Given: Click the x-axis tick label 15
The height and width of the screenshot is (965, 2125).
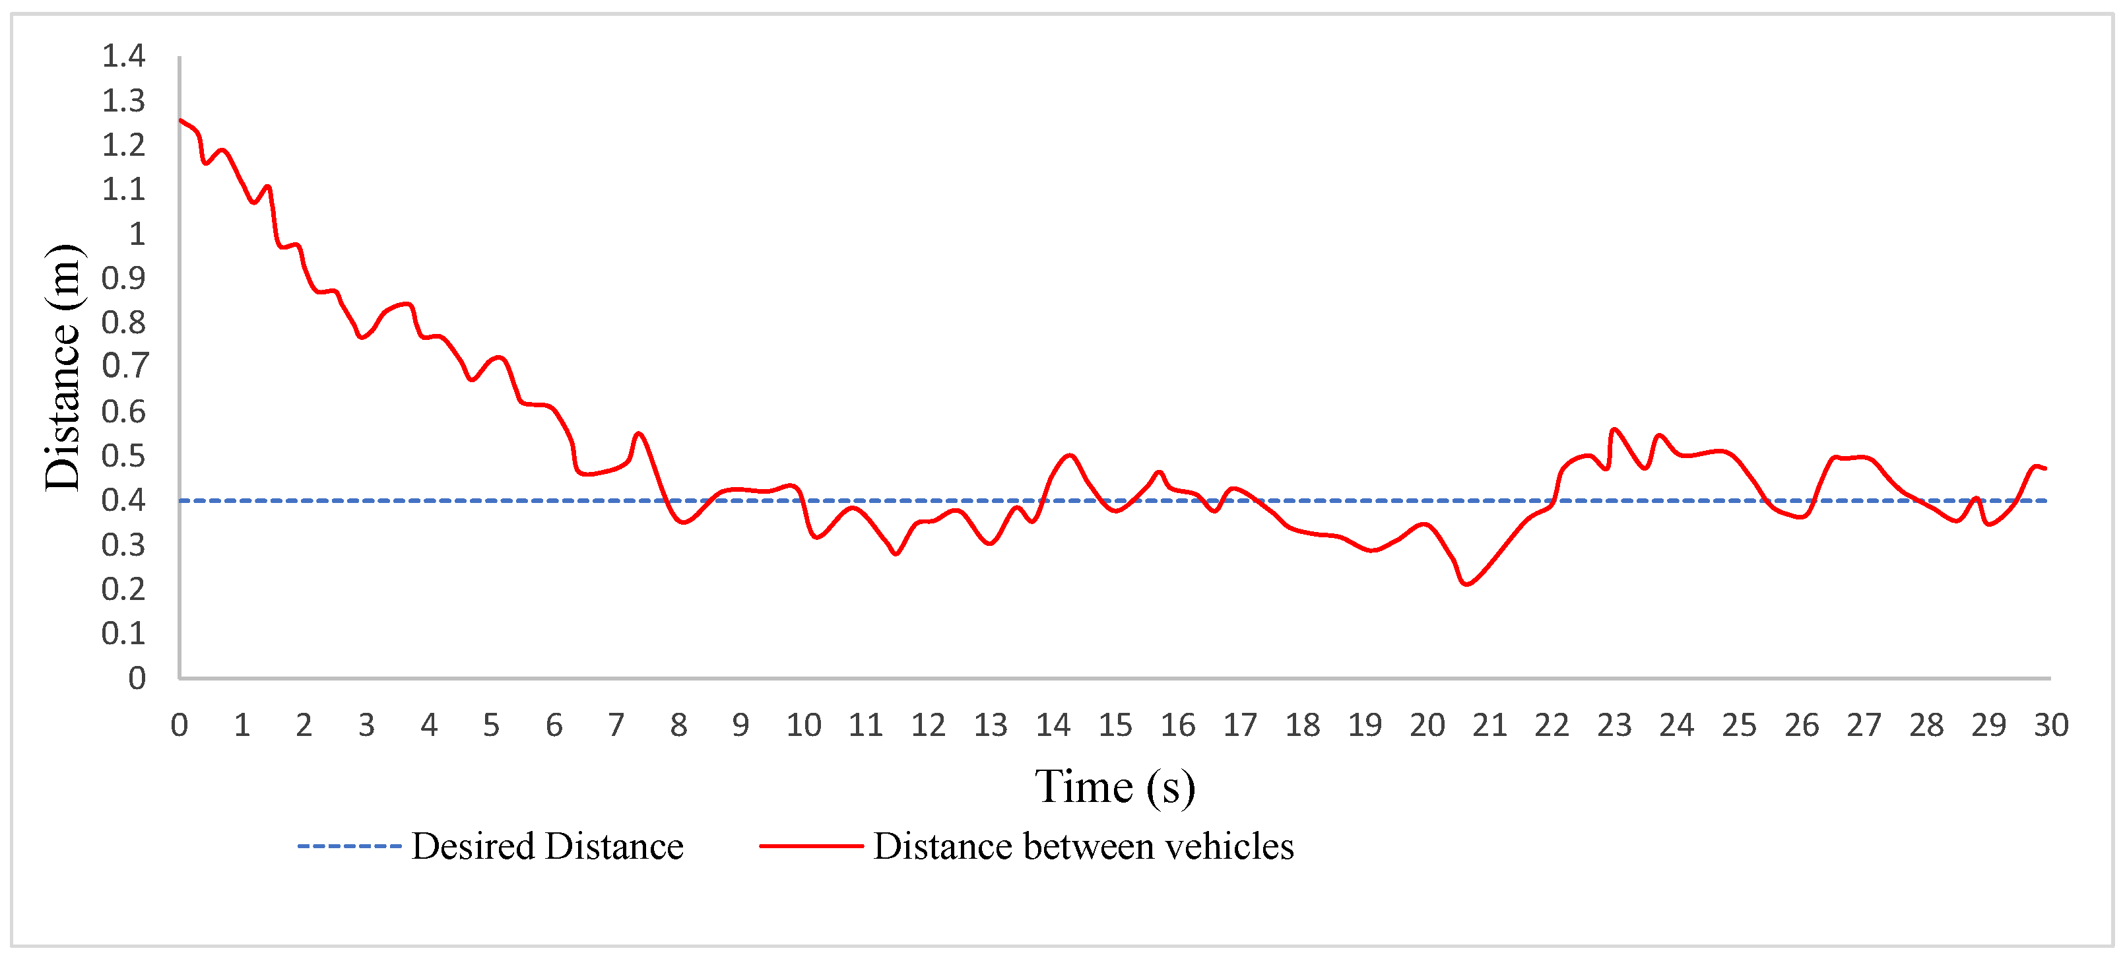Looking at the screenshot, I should coord(1115,726).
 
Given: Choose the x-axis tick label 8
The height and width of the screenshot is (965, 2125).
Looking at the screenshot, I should coord(678,726).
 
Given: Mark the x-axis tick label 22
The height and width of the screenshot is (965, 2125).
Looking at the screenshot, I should coord(1552,726).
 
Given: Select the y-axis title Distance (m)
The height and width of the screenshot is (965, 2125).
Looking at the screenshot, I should coord(63,367).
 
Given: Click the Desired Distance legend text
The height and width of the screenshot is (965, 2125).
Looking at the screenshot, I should coord(547,846).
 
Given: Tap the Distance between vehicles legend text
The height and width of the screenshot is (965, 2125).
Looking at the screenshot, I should coord(1083,846).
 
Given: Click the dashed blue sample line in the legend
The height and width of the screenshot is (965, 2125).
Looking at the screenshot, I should coord(349,846).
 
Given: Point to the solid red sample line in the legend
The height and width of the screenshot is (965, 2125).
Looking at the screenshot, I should coord(811,846).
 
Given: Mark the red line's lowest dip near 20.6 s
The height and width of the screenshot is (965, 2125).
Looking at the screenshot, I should coord(1466,585).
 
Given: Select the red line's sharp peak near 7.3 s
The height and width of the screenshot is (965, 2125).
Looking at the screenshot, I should coord(639,434).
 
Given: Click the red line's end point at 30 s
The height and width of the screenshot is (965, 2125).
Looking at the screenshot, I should coord(2046,469).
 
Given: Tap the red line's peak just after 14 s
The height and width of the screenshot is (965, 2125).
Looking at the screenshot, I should coord(1070,455).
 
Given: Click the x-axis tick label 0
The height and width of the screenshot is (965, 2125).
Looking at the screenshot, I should coord(179,726).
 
